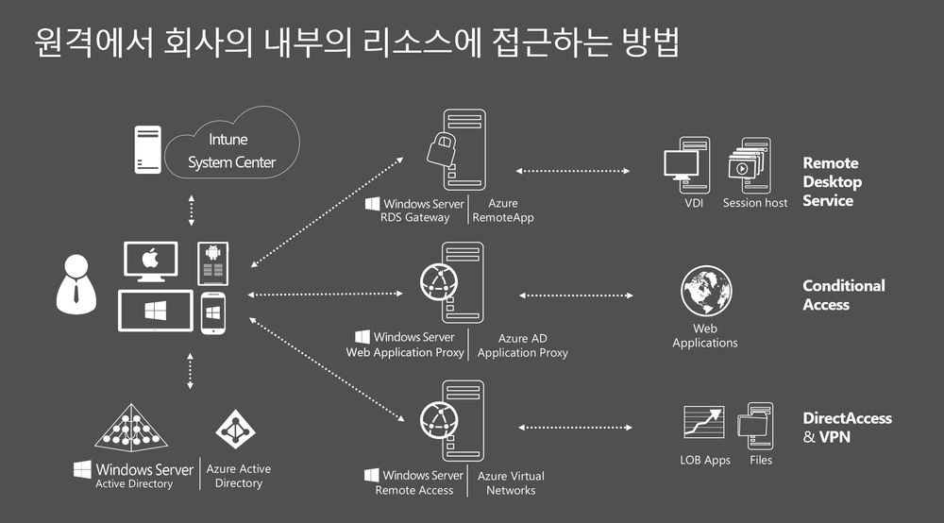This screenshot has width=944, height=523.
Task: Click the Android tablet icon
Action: coord(211,262)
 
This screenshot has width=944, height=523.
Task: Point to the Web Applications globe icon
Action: coord(706,292)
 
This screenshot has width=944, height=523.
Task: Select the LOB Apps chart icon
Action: coord(703,423)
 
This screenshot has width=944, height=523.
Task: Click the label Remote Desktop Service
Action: coord(832,182)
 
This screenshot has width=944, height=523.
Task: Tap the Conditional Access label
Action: coord(843,295)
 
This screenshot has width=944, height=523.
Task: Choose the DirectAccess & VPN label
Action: coord(847,428)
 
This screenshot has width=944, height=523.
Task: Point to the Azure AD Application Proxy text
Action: coord(522,346)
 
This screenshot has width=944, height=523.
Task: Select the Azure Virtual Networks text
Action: coord(511,483)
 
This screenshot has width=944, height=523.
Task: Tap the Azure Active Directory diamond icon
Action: coord(236,430)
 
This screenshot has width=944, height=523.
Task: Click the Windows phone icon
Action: coord(212,312)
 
